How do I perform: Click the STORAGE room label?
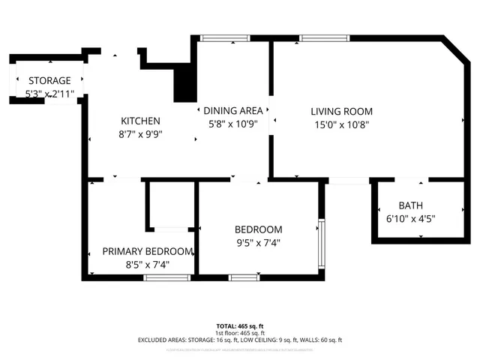(49, 80)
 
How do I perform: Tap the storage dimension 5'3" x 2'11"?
(49, 94)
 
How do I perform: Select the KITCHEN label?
(140, 121)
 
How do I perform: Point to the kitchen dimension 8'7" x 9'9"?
(140, 134)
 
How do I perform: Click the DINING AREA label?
(232, 111)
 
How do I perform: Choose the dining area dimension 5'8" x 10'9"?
(232, 124)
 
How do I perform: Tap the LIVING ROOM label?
(341, 111)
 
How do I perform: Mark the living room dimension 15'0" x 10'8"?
(341, 124)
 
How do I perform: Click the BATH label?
(410, 205)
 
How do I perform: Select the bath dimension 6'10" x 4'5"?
(410, 219)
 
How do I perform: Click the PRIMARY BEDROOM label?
(147, 251)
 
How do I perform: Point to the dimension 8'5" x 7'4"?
(147, 265)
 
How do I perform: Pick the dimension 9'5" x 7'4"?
(258, 242)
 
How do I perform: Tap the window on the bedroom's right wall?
(321, 243)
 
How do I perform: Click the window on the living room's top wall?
(323, 37)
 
